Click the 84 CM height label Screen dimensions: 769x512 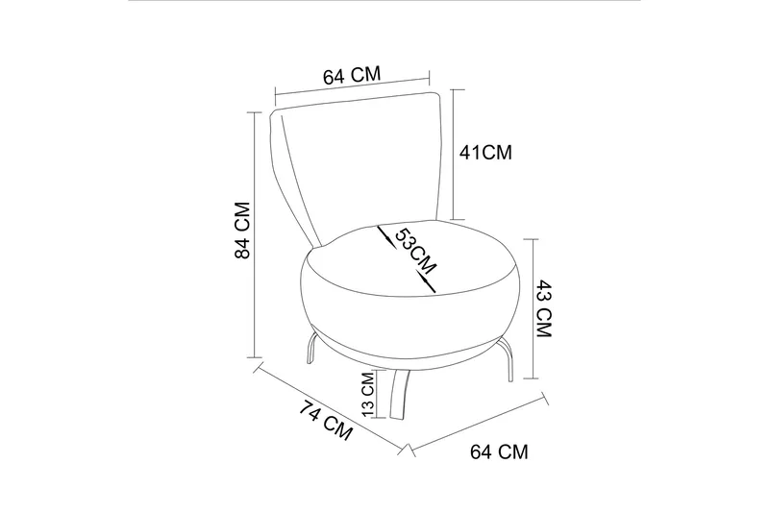243,230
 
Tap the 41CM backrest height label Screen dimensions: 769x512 485,153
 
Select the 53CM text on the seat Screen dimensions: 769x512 415,251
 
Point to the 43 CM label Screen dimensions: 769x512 543,308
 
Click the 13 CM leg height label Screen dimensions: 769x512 368,394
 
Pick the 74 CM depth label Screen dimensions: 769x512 326,421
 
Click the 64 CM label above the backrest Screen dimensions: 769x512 352,75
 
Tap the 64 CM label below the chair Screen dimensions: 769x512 499,451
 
